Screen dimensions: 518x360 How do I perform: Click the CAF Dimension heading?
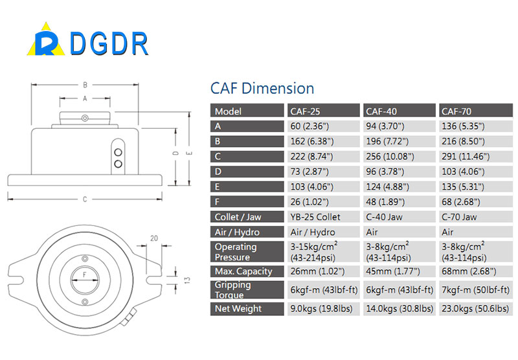262,89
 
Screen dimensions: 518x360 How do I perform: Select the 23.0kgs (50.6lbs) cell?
475,308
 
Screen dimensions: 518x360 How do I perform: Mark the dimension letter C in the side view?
85,199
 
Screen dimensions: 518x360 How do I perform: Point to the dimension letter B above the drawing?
85,85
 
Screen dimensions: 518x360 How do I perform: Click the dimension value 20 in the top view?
154,238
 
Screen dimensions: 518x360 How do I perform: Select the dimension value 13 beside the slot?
187,280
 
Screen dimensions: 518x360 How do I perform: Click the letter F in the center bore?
85,275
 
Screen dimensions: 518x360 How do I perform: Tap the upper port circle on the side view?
118,152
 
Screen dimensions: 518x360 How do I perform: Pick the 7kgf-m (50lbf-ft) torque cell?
475,289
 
